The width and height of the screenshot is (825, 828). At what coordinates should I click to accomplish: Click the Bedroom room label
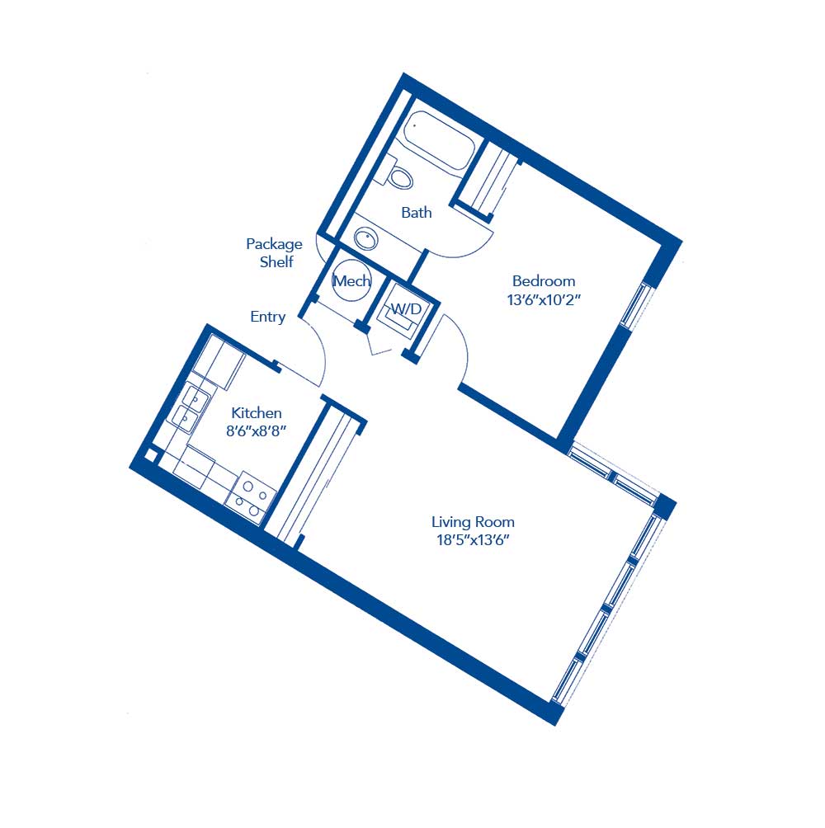point(543,280)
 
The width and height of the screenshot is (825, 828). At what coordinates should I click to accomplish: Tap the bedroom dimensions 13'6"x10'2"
point(544,300)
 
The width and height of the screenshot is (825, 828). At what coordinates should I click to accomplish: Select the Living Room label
point(473,522)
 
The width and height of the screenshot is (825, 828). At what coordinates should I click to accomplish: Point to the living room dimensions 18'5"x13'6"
point(473,541)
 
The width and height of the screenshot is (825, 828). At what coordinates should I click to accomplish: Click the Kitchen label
point(257,413)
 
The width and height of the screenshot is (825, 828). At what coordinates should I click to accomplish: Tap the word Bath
point(417,213)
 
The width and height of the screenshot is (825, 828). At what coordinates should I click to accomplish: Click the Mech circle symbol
point(351,281)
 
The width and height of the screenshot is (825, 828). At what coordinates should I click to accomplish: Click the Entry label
point(268,317)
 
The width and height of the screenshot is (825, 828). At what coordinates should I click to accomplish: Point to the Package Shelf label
point(274,252)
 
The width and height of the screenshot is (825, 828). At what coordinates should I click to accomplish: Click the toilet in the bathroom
point(399,176)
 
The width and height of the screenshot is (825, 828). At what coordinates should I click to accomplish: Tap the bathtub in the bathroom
point(440,140)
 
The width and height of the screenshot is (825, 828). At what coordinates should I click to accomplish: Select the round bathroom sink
point(366,238)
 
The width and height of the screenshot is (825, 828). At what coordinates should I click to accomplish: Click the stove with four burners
point(250,496)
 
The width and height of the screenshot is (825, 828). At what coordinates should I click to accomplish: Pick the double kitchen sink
point(191,408)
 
